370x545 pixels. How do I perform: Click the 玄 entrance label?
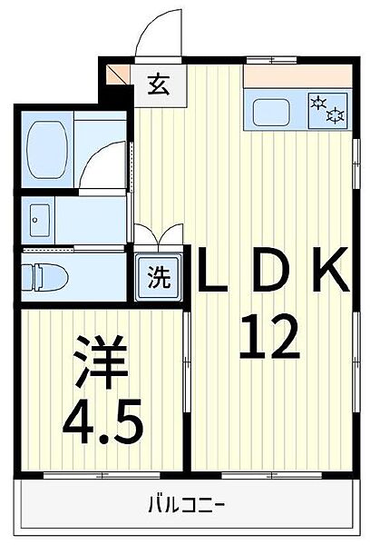[159, 84]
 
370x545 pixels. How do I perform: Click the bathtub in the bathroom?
[46, 150]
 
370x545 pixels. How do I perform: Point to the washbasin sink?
[40, 221]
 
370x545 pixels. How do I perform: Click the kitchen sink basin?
[271, 113]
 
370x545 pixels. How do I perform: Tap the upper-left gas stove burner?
[318, 103]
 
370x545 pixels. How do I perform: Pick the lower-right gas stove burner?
[336, 115]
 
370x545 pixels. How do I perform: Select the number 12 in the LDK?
[269, 336]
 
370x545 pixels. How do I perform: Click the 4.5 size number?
[103, 421]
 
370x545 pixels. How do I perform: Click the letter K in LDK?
[331, 269]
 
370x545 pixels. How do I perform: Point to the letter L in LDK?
[212, 269]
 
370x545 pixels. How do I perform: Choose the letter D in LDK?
[271, 269]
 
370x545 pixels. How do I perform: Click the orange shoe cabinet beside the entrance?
[113, 74]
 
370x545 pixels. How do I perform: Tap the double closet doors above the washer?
[159, 234]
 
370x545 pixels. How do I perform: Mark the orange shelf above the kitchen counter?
[297, 75]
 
